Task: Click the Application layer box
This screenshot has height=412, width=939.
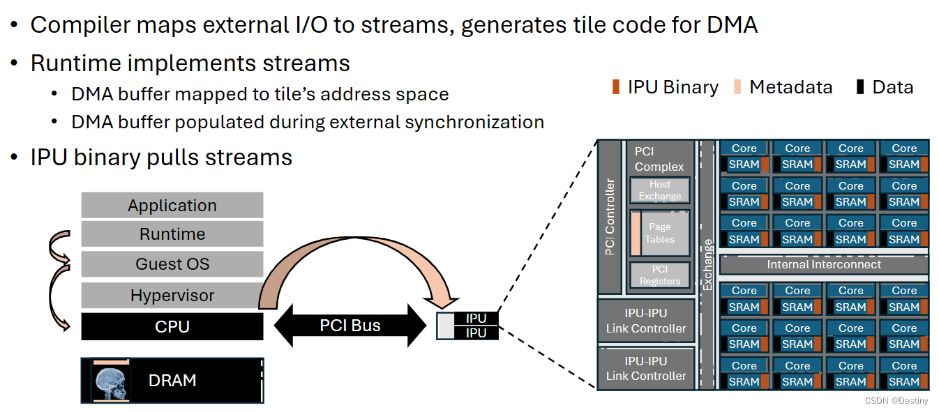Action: pyautogui.click(x=172, y=206)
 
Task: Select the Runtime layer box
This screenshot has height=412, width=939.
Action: pyautogui.click(x=172, y=234)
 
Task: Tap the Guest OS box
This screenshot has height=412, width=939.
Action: pyautogui.click(x=172, y=264)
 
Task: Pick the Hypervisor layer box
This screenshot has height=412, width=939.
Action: pyautogui.click(x=172, y=296)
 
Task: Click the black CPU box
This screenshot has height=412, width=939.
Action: pyautogui.click(x=172, y=326)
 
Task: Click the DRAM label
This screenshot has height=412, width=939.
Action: pyautogui.click(x=172, y=381)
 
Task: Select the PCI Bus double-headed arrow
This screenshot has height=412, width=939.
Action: pyautogui.click(x=350, y=326)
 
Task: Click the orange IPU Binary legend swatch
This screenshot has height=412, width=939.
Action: pyautogui.click(x=615, y=87)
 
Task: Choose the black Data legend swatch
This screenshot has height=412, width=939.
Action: pyautogui.click(x=860, y=87)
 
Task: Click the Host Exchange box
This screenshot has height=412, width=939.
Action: pyautogui.click(x=659, y=190)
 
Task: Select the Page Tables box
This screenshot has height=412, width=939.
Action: pyautogui.click(x=659, y=233)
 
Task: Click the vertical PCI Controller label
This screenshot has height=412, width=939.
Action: pyautogui.click(x=610, y=217)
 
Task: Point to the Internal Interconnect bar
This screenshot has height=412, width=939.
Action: pyautogui.click(x=823, y=265)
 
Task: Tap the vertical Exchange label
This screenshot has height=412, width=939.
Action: pyautogui.click(x=707, y=265)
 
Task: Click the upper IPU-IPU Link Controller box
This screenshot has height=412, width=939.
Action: pyautogui.click(x=646, y=321)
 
